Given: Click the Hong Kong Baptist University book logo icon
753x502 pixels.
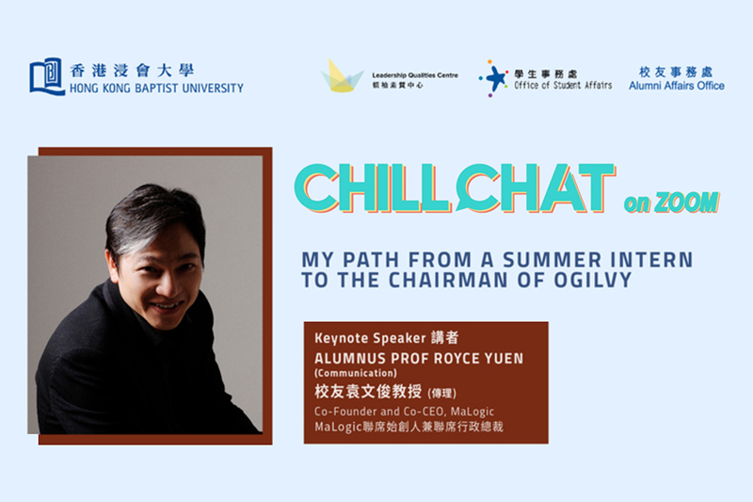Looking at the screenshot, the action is pos(46,76).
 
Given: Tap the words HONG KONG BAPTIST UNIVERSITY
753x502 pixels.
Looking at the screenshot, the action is pos(156,89).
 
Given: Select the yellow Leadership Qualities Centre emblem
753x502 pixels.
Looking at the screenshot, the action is pos(342,76).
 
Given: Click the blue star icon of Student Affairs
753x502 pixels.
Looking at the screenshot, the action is pos(493,78).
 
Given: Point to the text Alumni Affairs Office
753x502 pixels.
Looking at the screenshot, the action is pos(677,86).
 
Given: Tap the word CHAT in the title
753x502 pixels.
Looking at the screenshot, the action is pos(535,187).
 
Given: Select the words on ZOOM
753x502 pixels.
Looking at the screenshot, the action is pos(671,202).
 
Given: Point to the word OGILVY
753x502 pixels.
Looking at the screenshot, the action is pos(593,280).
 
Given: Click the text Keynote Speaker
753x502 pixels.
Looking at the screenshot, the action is pos(370,338).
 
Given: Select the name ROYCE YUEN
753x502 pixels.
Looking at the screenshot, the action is pos(475,358).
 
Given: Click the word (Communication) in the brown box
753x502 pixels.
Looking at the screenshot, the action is pos(356,373).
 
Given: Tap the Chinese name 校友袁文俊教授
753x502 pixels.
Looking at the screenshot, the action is pos(368,392).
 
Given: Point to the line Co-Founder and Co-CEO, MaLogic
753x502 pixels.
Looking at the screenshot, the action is pos(405,412).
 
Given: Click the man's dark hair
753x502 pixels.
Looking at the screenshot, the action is pos(152,217).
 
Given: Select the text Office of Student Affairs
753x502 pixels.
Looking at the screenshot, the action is pos(563,85).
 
